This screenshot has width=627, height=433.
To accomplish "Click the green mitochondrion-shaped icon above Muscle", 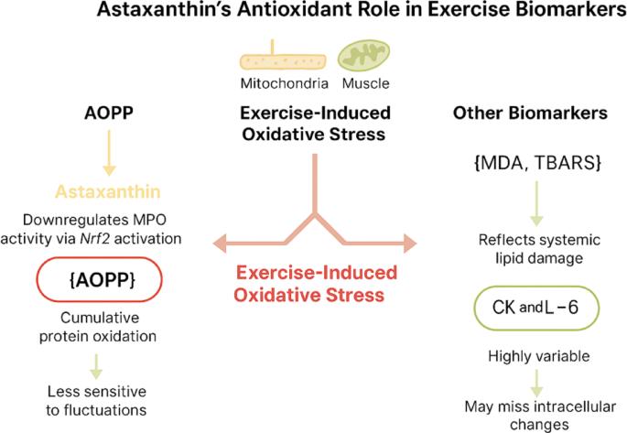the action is [364, 55].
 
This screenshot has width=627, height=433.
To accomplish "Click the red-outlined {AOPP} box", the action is [100, 279].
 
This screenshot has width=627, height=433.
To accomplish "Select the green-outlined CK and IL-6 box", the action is [536, 308].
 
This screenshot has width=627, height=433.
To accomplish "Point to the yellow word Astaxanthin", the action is [108, 192].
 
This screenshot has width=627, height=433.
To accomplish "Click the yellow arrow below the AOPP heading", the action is [109, 153].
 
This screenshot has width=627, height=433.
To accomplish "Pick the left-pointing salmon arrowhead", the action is [220, 243].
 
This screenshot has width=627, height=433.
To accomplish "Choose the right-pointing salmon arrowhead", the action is [410, 244].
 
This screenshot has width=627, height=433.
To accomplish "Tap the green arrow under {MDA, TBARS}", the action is [536, 204].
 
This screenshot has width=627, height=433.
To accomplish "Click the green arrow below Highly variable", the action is [536, 383].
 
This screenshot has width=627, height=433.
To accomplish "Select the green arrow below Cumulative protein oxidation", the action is [96, 366].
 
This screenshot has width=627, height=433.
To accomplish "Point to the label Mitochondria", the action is [285, 83].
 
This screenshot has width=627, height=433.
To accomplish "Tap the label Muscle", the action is [366, 83].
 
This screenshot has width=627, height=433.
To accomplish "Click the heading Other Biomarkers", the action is [530, 114].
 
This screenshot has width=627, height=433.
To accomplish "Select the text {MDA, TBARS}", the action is [537, 163].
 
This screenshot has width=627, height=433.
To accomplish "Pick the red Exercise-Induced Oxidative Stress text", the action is [316, 284].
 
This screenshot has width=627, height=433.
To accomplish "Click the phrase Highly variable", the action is [538, 356].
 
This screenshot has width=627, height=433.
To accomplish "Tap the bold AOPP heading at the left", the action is [109, 114].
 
